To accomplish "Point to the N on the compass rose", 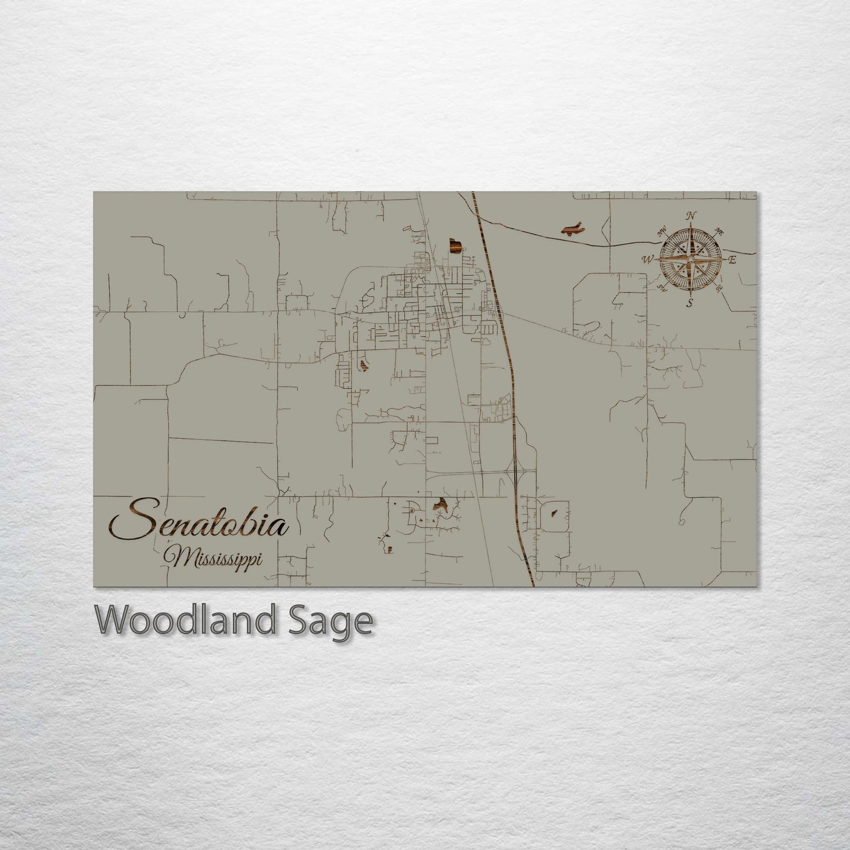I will tap(692, 215).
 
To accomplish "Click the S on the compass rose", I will tap(690, 304).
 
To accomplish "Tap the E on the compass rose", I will tap(732, 260).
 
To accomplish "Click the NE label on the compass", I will tap(718, 232).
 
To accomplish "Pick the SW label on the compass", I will tap(662, 288).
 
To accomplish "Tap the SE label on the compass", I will tap(719, 288).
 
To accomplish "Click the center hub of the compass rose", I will tap(691, 259).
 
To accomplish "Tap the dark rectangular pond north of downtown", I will tap(454, 245).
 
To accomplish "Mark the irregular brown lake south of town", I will tap(440, 504).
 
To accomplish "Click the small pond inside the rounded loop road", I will tap(554, 512).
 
